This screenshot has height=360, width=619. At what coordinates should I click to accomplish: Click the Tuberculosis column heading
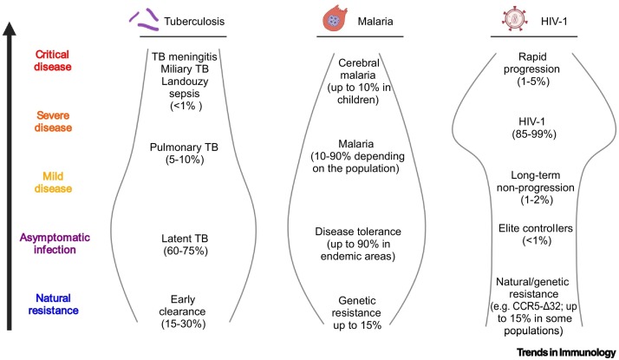click(193, 20)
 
